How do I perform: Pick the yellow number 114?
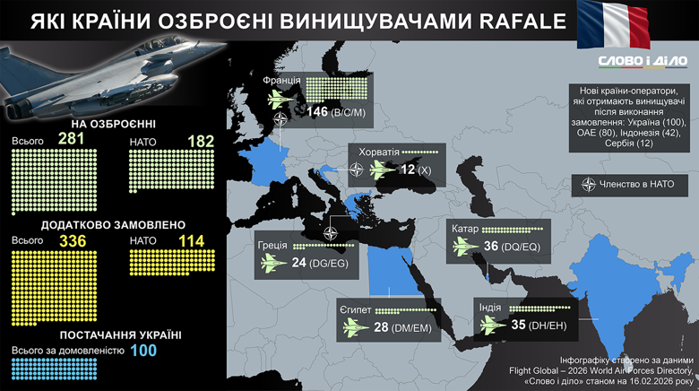pyautogui.click(x=189, y=240)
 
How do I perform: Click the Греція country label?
pyautogui.click(x=272, y=245)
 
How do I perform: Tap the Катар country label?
pyautogui.click(x=465, y=229)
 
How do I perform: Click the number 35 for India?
pyautogui.click(x=518, y=325)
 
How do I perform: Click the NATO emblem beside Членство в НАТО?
pyautogui.click(x=589, y=186)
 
